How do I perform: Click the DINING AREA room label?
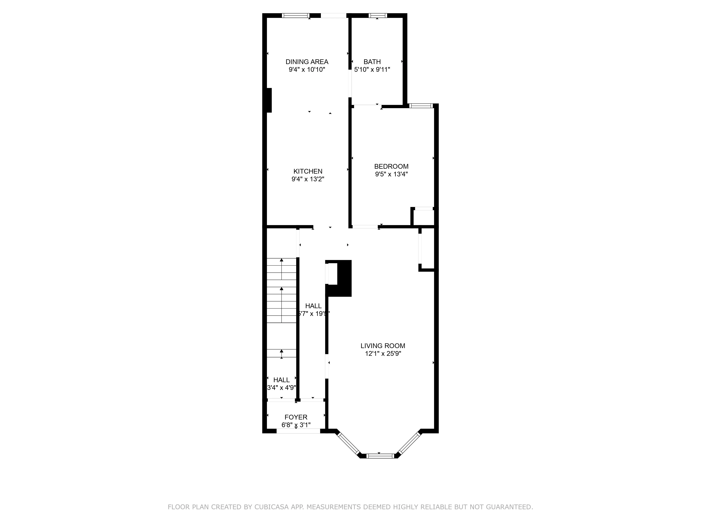[x=307, y=62]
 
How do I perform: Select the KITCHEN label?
[x=308, y=171]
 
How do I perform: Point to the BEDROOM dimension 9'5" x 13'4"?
[x=391, y=174]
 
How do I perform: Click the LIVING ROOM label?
[x=383, y=346]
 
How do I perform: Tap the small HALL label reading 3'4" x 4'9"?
[x=281, y=387]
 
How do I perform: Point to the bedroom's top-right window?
[x=421, y=106]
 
